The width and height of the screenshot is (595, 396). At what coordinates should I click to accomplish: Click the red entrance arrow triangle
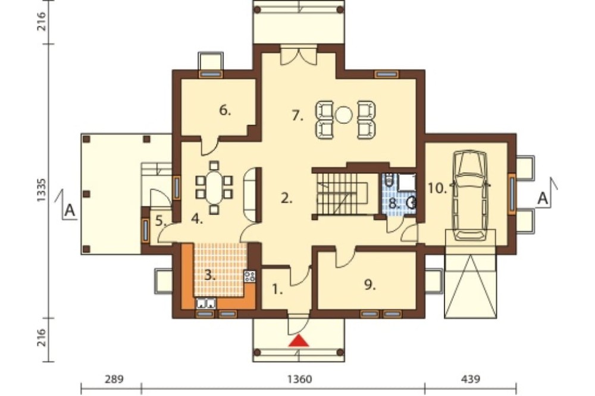tap(299, 341)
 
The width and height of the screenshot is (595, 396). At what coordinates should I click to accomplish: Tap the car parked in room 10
tap(471, 195)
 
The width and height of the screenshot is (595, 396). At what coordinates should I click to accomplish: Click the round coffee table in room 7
tap(345, 115)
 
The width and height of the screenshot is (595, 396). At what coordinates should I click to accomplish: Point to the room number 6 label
tap(225, 111)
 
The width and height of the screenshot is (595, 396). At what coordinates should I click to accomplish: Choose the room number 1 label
tap(277, 290)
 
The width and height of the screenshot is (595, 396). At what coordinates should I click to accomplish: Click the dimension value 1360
tap(300, 379)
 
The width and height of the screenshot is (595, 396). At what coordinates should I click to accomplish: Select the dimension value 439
tap(471, 379)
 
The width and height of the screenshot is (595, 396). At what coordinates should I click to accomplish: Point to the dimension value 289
tap(114, 379)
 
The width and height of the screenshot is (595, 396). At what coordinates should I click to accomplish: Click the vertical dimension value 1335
tap(42, 190)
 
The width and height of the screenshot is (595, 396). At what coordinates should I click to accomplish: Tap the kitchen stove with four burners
tap(250, 276)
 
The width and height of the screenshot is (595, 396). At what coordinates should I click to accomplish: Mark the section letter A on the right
tap(543, 199)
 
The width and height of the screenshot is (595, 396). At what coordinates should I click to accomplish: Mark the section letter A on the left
tap(70, 210)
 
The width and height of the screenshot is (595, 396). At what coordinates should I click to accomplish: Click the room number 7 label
tap(298, 116)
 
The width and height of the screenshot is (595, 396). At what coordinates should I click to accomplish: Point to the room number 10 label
tap(437, 188)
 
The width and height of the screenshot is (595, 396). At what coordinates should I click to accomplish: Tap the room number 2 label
tap(287, 198)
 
